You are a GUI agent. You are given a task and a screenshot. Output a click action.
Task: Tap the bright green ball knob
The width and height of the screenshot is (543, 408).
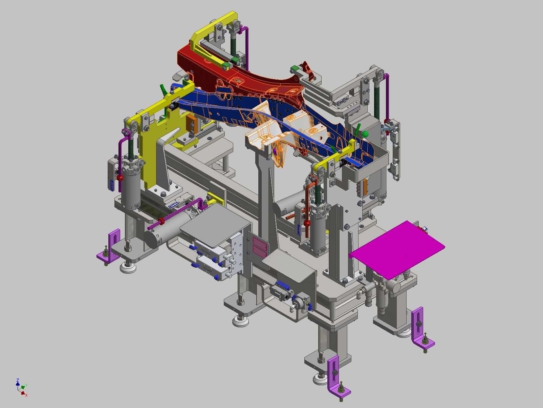(365, 134)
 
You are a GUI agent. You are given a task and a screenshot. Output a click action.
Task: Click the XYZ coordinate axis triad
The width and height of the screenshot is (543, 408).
(21, 387)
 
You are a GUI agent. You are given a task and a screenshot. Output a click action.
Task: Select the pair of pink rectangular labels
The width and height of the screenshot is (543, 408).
(260, 247)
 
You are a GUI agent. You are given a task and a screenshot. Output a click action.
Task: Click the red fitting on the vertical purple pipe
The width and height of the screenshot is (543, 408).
(120, 178)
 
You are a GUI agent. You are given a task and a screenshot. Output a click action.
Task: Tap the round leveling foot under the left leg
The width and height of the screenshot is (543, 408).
(128, 268)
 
